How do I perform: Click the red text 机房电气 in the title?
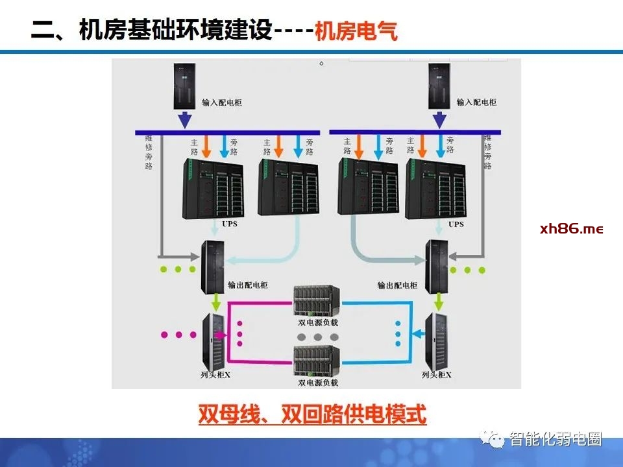356,32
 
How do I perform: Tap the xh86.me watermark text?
571,229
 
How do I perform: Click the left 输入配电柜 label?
221,102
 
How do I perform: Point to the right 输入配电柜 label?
476,102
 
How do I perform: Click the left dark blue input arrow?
185,120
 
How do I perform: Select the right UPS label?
456,224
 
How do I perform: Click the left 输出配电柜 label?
247,285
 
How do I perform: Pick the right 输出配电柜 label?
397,285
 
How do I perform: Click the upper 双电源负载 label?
318,322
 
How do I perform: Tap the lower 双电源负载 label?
318,383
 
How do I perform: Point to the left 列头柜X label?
216,375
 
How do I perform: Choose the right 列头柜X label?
436,375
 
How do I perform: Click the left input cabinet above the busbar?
184,86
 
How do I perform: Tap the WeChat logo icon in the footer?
497,440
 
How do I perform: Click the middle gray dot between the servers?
317,337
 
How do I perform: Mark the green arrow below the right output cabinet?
439,301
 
